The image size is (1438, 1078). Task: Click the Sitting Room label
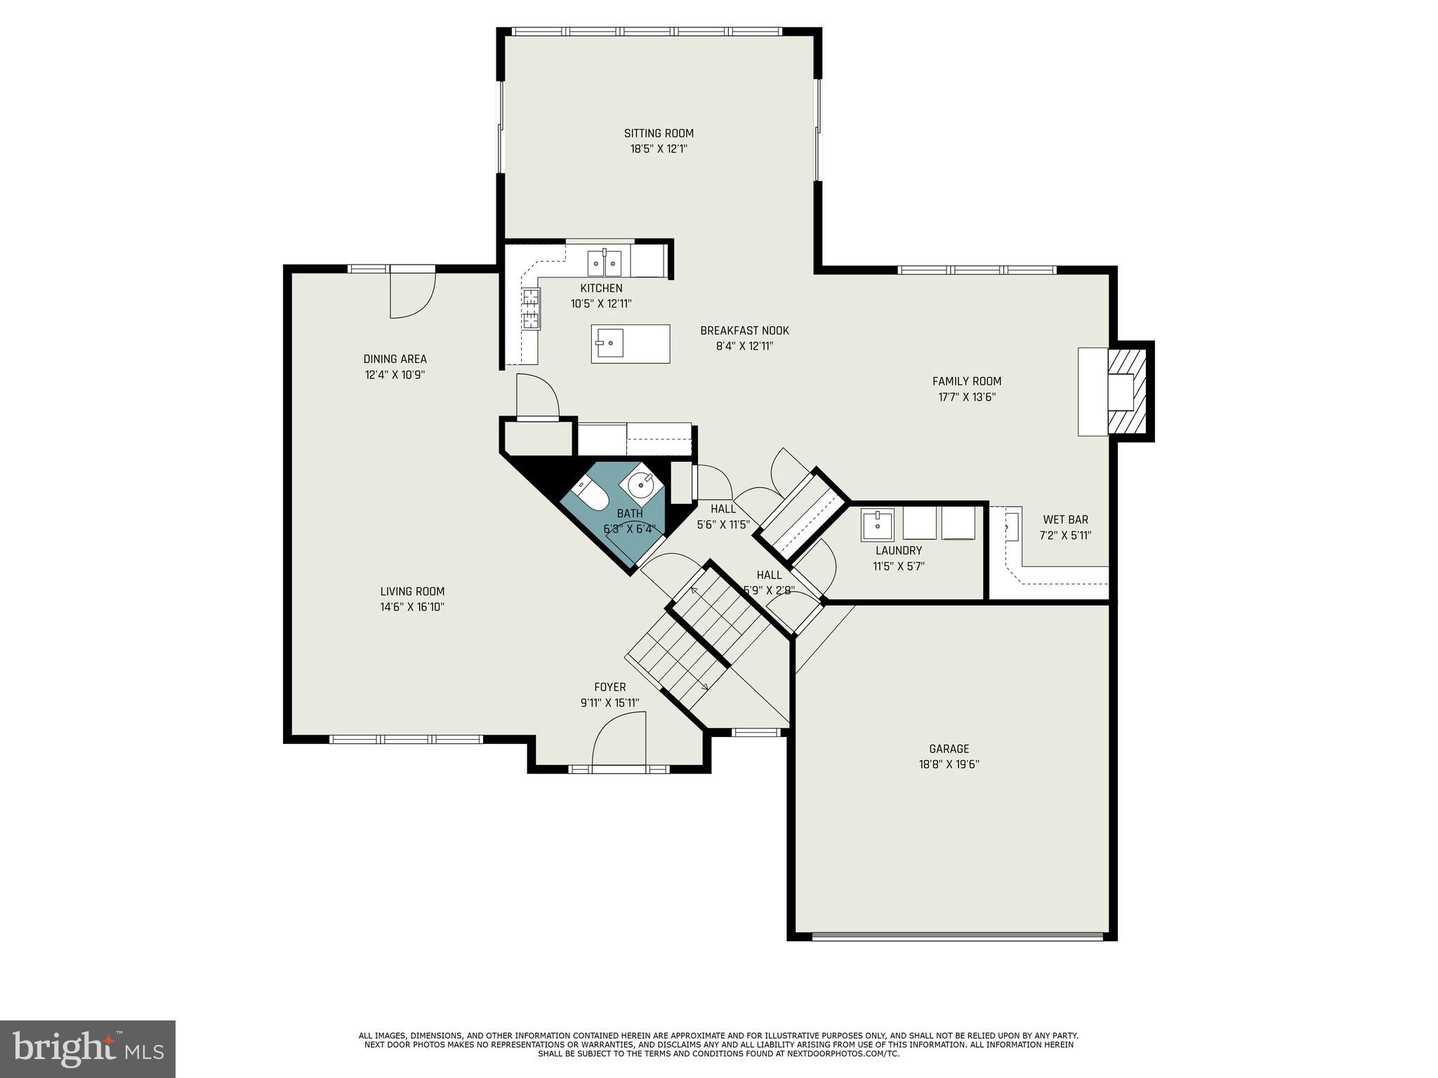(x=659, y=133)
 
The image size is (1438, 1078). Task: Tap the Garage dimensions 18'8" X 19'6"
(x=949, y=764)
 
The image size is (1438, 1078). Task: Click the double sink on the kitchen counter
(x=605, y=264)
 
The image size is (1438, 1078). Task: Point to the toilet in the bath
(x=590, y=494)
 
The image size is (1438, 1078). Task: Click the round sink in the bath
(x=641, y=484)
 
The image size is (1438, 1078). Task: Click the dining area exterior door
(x=413, y=293)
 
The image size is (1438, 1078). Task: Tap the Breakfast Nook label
(x=744, y=331)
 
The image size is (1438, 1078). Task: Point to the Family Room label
(x=966, y=381)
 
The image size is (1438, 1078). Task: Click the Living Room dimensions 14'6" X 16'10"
(x=412, y=607)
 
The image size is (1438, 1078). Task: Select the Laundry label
(x=898, y=551)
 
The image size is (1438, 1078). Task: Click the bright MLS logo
(x=87, y=1049)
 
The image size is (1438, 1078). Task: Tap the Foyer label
(x=609, y=687)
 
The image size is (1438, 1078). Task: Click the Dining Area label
(x=395, y=359)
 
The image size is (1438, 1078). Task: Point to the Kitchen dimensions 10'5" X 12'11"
(x=601, y=304)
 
